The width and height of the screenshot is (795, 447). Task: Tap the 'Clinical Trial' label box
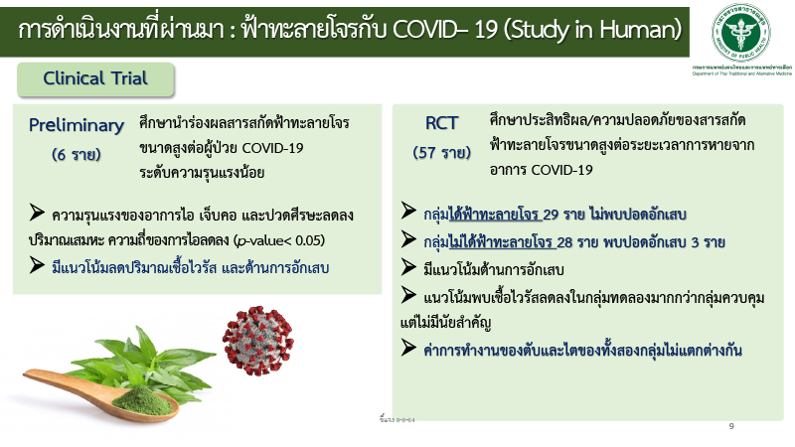pos(95,77)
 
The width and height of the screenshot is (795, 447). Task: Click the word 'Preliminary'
pos(77,125)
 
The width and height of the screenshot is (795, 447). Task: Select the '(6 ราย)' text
pos(77,155)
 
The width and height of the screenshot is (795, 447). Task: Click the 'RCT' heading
pos(441,123)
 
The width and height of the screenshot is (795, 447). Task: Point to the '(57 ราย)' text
pos(441,153)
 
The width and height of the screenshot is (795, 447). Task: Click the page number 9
pos(731,426)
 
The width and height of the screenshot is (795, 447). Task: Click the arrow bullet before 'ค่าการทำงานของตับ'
pos(409,350)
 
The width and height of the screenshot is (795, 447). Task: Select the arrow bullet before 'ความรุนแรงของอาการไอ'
pos(39,214)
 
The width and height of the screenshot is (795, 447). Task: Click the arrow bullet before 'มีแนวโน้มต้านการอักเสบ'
pos(409,267)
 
